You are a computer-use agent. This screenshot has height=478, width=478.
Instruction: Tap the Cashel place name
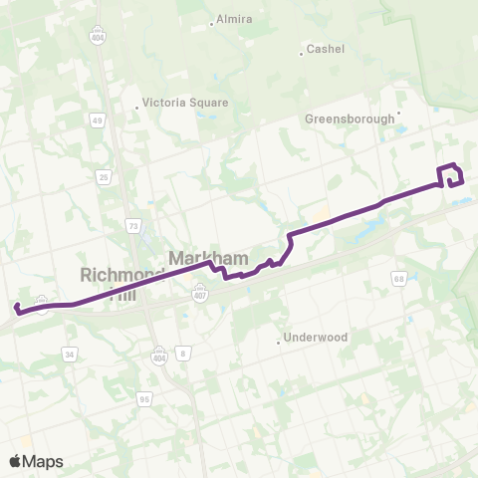[x=326, y=48]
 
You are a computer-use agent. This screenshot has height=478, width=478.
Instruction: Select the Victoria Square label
[x=186, y=103]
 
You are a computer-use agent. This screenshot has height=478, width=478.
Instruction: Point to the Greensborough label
[x=350, y=119]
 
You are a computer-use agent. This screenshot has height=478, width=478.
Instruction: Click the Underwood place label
[x=315, y=338]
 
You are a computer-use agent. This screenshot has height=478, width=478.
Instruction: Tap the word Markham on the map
[x=207, y=259]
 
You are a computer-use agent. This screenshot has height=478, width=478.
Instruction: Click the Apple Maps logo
[x=36, y=461]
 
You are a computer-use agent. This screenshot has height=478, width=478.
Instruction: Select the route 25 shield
[x=104, y=177]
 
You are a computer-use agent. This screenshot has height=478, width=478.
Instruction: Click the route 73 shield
[x=133, y=226]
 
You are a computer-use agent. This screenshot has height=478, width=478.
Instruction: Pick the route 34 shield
[x=69, y=353]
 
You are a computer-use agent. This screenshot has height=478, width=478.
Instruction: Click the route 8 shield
[x=183, y=353]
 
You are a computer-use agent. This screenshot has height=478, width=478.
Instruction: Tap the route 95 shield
[x=145, y=399]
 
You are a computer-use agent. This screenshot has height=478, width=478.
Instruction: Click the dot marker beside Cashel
[x=302, y=53]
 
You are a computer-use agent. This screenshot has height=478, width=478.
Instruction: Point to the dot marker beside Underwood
[x=278, y=343]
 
